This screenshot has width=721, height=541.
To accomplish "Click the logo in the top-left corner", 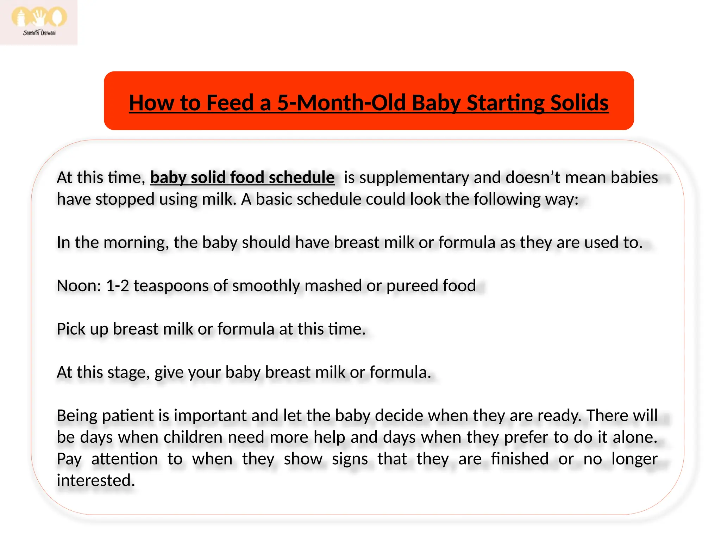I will point(39,22).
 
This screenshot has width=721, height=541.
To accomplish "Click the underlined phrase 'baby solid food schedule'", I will point(242,177).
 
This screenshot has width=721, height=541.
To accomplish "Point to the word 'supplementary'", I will point(414,177).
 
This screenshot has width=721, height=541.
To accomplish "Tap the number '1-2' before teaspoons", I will point(118,285).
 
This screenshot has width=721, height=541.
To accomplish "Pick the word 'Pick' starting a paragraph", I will point(71,329).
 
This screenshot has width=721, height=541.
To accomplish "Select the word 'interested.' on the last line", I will point(96,480).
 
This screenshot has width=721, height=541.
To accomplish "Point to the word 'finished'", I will point(520,459).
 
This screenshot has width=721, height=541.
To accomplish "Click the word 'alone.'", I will point(635,437).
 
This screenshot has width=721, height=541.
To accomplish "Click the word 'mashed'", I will point(333,285).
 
